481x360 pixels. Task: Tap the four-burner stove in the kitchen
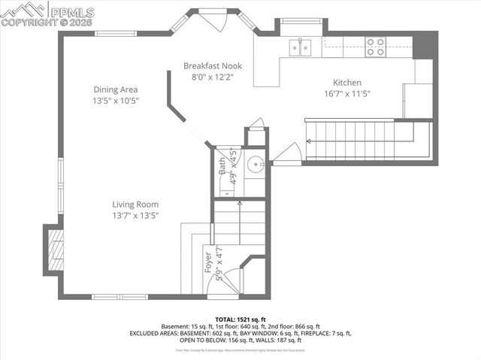(x=375, y=47)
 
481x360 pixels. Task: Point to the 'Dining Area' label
(x=115, y=89)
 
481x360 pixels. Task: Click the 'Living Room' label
(x=135, y=204)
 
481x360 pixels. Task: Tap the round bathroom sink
(x=256, y=162)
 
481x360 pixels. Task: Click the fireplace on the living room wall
(x=55, y=250)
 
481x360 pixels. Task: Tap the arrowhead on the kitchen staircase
(x=308, y=141)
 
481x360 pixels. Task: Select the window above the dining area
(x=115, y=33)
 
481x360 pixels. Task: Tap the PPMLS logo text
(x=72, y=11)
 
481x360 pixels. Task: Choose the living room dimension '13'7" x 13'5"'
(x=135, y=216)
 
